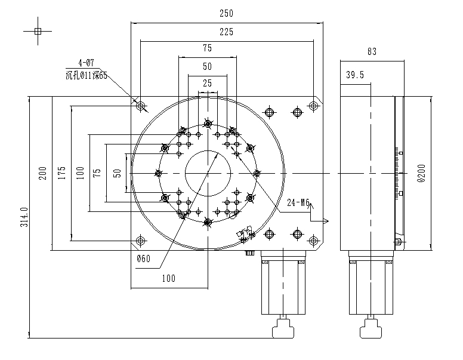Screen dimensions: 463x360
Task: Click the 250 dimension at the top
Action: pyautogui.click(x=226, y=13)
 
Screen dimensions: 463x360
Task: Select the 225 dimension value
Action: pyautogui.click(x=226, y=32)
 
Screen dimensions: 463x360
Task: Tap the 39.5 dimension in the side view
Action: pyautogui.click(x=355, y=75)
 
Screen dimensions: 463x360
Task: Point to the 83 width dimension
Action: pyautogui.click(x=372, y=52)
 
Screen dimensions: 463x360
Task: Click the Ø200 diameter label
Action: pyautogui.click(x=421, y=173)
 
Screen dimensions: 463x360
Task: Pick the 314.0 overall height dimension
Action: pyautogui.click(x=24, y=217)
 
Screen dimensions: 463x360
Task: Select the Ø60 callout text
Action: pyautogui.click(x=144, y=259)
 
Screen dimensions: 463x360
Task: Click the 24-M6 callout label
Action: pyautogui.click(x=298, y=202)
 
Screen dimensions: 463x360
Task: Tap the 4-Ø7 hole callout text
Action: pyautogui.click(x=87, y=63)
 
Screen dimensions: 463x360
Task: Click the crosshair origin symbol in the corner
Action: pyautogui.click(x=38, y=31)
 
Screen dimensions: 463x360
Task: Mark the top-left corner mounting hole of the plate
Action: pyautogui.click(x=141, y=106)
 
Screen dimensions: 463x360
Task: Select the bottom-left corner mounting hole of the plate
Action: pyautogui.click(x=141, y=241)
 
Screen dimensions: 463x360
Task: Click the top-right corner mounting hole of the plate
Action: pyautogui.click(x=313, y=106)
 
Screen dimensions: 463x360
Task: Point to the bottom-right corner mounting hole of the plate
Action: pyautogui.click(x=313, y=241)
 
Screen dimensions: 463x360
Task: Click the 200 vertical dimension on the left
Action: pyautogui.click(x=42, y=173)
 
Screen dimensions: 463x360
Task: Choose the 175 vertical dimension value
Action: pyautogui.click(x=61, y=173)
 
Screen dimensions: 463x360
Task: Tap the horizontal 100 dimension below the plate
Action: pyautogui.click(x=169, y=278)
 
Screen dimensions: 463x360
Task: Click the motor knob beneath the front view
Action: pyautogui.click(x=283, y=328)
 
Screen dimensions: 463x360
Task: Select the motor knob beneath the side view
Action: pyautogui.click(x=371, y=328)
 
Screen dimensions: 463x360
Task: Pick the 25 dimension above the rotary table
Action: pyautogui.click(x=207, y=83)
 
